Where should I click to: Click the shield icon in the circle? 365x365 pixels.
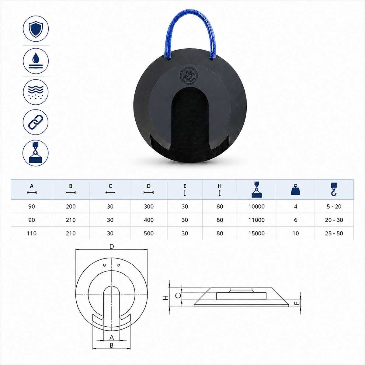click(36, 29)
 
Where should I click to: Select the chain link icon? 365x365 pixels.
click(36, 122)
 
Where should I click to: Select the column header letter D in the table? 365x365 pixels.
click(148, 186)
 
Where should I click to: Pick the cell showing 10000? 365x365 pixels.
click(256, 207)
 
